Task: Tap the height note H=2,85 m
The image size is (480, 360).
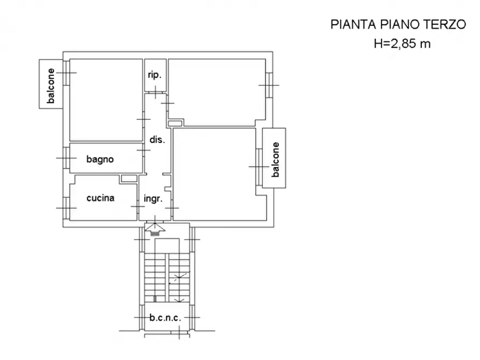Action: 402,44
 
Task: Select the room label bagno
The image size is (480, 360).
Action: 100,159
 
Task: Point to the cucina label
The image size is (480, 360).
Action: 101,198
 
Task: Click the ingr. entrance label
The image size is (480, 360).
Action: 153,199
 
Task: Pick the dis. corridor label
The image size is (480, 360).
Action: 156,140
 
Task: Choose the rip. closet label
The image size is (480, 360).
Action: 154,75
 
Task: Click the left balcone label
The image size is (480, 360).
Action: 51,86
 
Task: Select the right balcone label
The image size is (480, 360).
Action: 276,159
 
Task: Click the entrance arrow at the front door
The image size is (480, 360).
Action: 155,229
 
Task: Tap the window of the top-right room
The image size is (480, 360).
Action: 267,85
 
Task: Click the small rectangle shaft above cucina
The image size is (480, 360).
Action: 129,178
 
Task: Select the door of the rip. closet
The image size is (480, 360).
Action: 155,93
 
